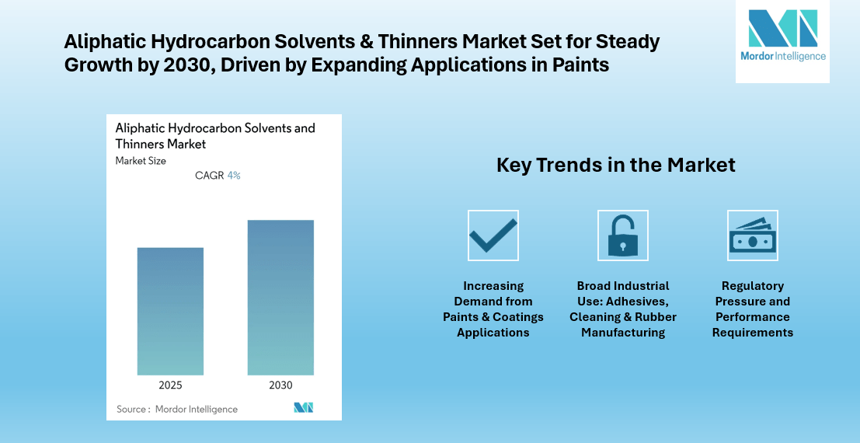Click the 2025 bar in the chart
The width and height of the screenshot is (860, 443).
pyautogui.click(x=170, y=311)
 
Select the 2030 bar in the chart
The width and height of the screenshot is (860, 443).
pyautogui.click(x=280, y=298)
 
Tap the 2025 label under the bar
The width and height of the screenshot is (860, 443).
pyautogui.click(x=171, y=385)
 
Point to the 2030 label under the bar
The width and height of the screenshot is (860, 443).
pyautogui.click(x=280, y=385)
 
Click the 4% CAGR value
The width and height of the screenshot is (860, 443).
pyautogui.click(x=234, y=176)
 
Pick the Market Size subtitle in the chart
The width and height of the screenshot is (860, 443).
pyautogui.click(x=141, y=161)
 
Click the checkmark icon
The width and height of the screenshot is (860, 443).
pyautogui.click(x=493, y=235)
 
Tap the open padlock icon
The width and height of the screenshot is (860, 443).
pyautogui.click(x=622, y=235)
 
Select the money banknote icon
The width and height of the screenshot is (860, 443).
pyautogui.click(x=753, y=235)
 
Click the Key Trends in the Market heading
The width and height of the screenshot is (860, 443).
pyautogui.click(x=616, y=166)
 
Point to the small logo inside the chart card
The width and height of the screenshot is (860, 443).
pyautogui.click(x=303, y=407)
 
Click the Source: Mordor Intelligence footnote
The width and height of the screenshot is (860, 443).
pyautogui.click(x=177, y=409)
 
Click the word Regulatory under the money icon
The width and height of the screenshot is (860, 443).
pyautogui.click(x=753, y=286)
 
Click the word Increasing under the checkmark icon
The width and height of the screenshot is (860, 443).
pyautogui.click(x=493, y=286)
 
